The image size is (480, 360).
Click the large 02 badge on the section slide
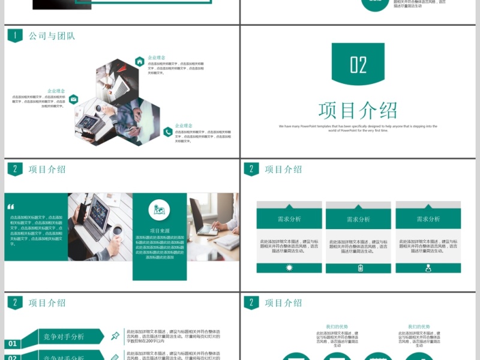[358, 64]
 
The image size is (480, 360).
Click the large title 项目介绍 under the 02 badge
[358, 110]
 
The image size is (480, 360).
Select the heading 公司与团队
[52, 36]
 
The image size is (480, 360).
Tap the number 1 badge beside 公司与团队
[15, 36]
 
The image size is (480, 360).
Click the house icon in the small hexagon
[139, 61]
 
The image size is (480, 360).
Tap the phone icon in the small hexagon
[168, 132]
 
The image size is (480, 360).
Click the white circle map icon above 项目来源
[160, 209]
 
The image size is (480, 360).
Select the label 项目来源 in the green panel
[160, 230]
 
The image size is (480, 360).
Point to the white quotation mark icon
[11, 207]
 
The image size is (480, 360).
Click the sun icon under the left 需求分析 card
[289, 268]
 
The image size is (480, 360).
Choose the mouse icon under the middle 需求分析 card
[360, 268]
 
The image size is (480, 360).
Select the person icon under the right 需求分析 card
[428, 268]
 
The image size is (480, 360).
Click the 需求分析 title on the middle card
[358, 220]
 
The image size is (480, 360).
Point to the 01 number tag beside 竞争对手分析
[13, 344]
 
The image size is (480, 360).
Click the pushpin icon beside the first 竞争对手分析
[115, 336]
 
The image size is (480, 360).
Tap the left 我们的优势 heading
[337, 327]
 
